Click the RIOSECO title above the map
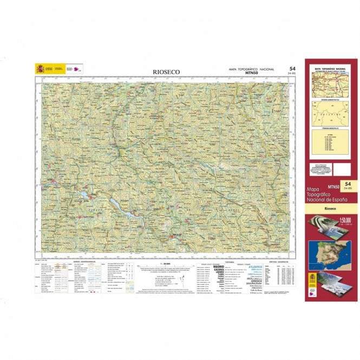[x=167, y=71]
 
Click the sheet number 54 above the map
[x=292, y=69]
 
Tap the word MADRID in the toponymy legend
[x=220, y=266]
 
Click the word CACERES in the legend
[x=220, y=270]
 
